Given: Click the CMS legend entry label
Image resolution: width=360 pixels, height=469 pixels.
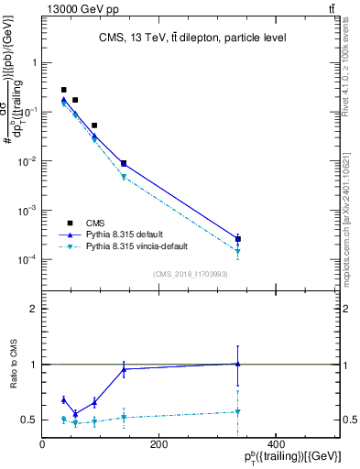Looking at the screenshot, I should pyautogui.click(x=95, y=223).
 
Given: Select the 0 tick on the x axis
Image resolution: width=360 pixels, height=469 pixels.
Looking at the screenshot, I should pyautogui.click(x=42, y=444).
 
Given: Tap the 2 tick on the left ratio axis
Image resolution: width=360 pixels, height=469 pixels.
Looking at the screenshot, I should pyautogui.click(x=34, y=309).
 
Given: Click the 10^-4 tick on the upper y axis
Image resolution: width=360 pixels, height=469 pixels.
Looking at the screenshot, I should pyautogui.click(x=28, y=260).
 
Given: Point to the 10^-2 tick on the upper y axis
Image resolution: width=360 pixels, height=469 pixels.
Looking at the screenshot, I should pyautogui.click(x=28, y=161).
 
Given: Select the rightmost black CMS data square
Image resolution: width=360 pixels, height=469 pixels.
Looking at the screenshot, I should pyautogui.click(x=238, y=239).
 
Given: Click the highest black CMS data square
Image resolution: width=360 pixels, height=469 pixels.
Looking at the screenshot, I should pyautogui.click(x=63, y=90).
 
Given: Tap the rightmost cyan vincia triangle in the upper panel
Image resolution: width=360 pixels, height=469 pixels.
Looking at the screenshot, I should pyautogui.click(x=238, y=251).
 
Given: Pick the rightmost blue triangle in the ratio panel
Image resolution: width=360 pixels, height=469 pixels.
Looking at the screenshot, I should pyautogui.click(x=238, y=364).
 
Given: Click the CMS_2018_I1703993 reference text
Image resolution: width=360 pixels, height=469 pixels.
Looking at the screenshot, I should pyautogui.click(x=191, y=274).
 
